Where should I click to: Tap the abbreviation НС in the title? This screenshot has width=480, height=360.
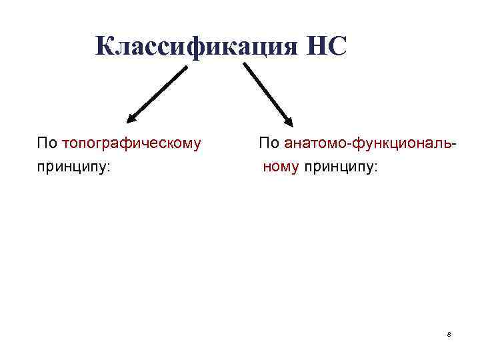point(327,47)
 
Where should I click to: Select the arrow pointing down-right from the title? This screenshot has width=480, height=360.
point(267,94)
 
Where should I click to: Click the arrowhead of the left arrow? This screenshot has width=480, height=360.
point(131,119)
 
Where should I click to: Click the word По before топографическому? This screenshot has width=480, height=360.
point(47,143)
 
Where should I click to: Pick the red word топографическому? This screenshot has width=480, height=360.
point(131,143)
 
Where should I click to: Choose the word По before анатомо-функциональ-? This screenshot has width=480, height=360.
point(270,143)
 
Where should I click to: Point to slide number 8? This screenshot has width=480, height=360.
point(449,333)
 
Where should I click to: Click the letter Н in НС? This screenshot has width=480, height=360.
point(317,47)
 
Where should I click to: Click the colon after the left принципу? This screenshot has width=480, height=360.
point(109,168)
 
